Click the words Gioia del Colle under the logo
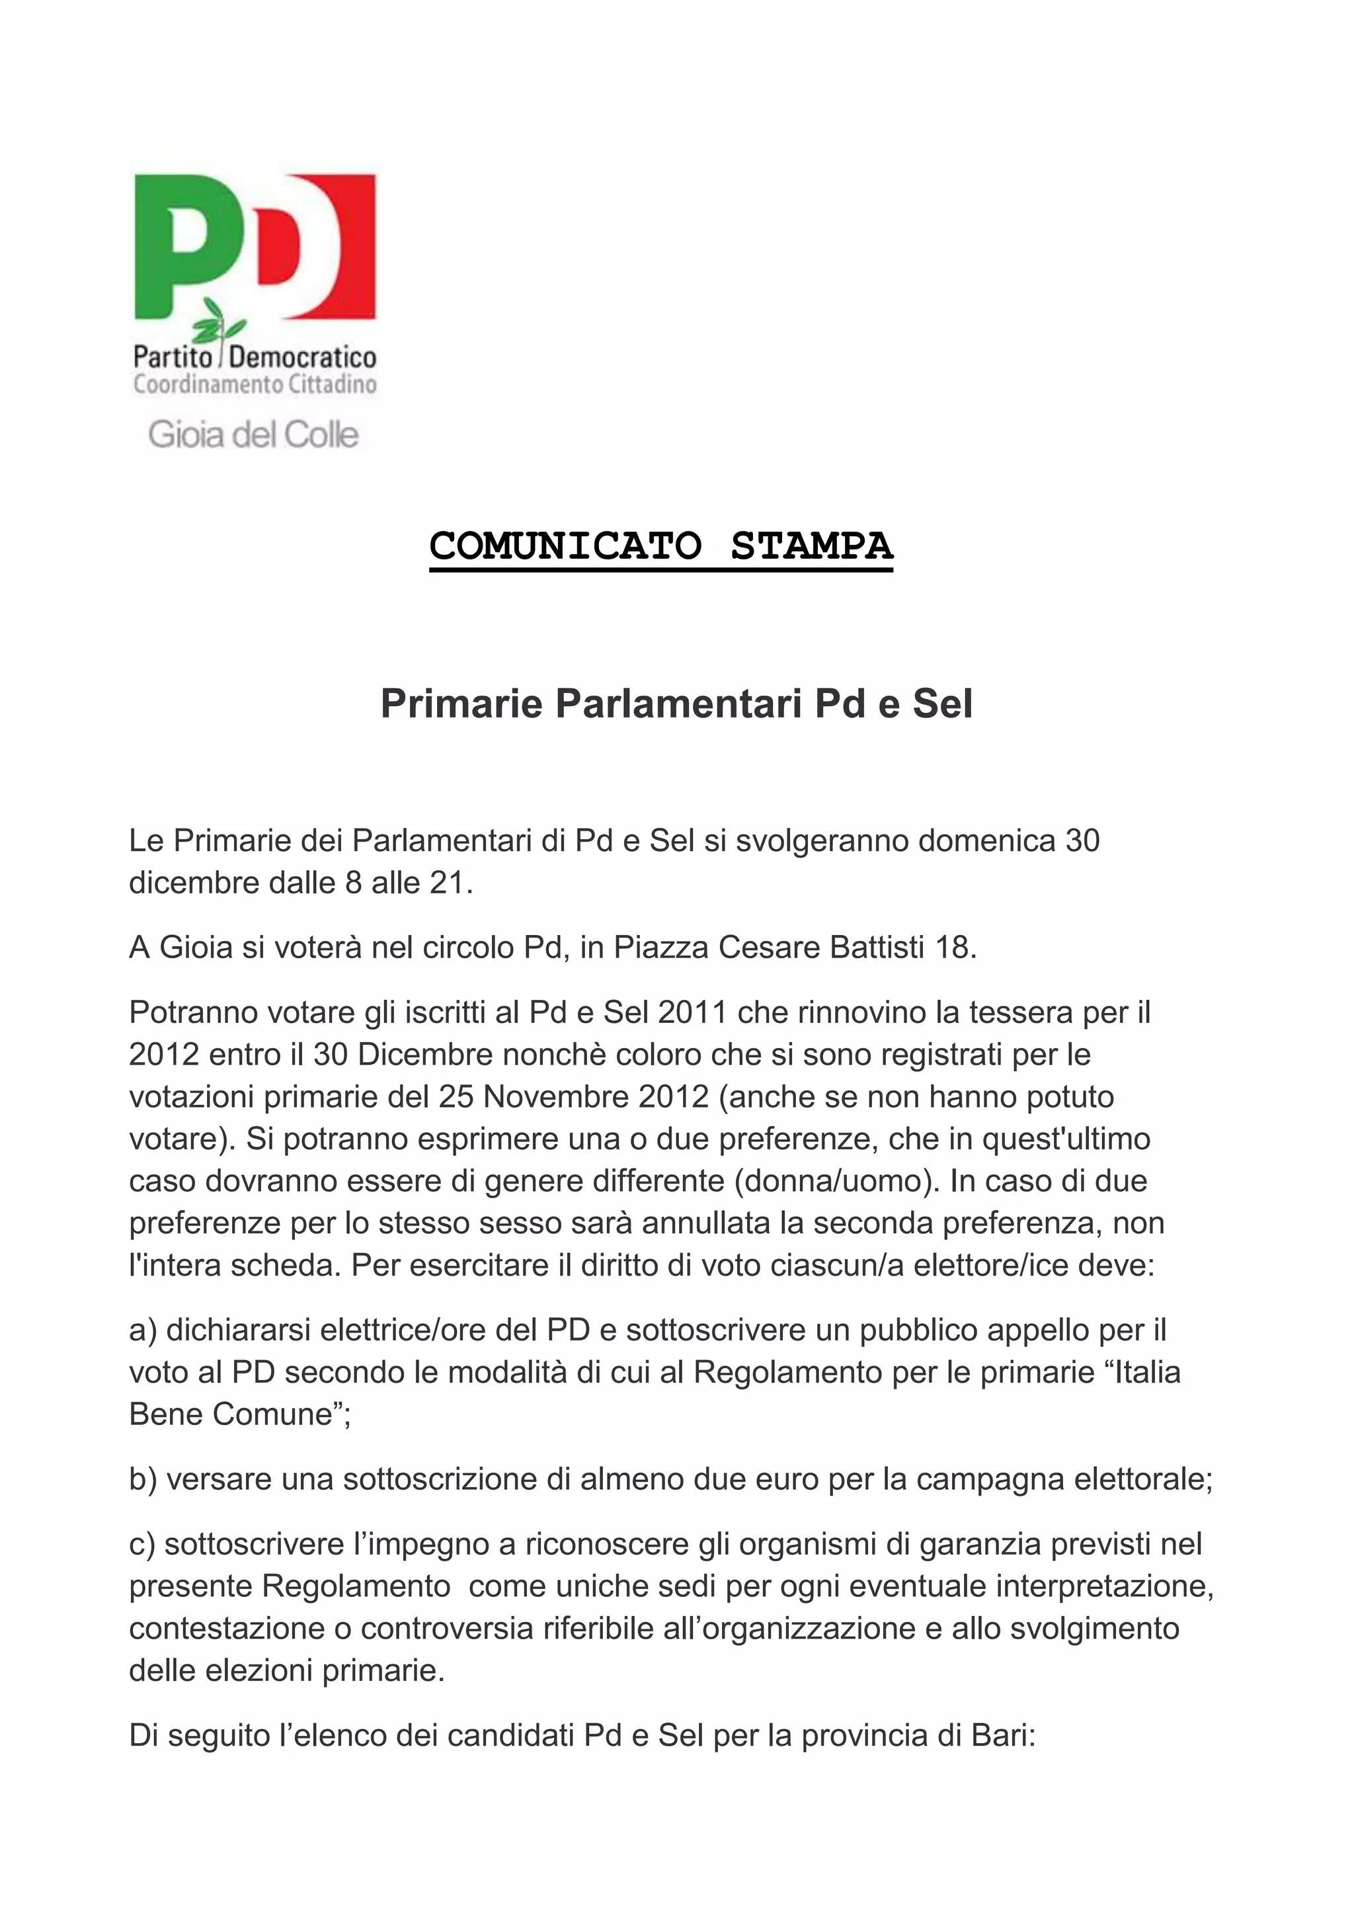[x=253, y=434]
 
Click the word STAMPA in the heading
[x=811, y=546]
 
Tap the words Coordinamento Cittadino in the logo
[x=255, y=384]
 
